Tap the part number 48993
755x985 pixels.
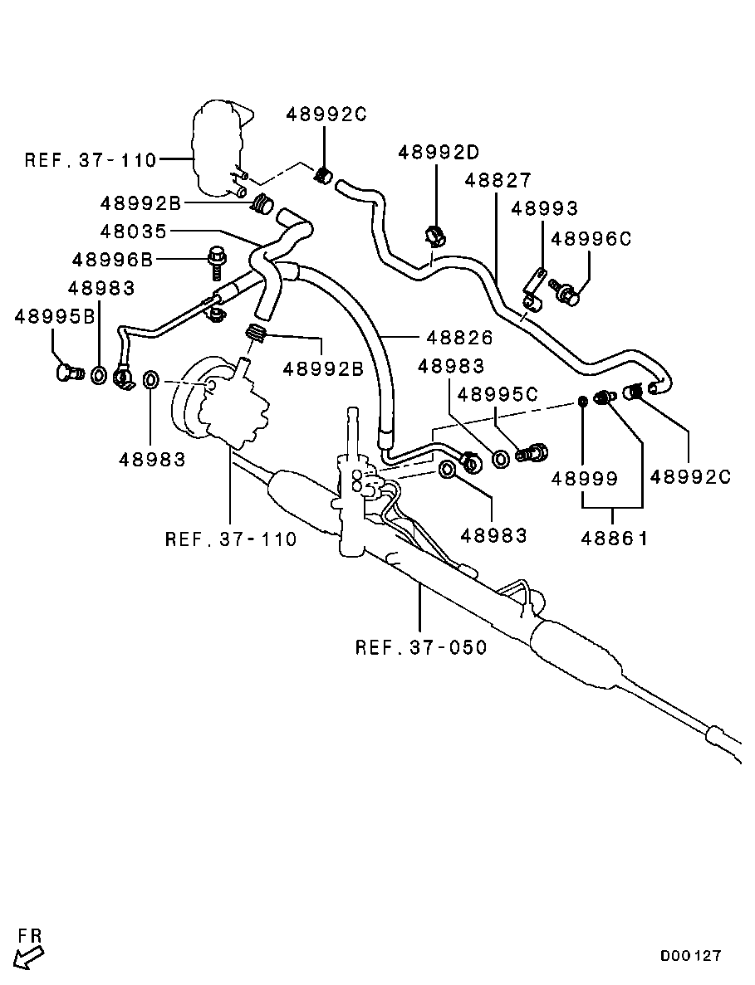pos(544,209)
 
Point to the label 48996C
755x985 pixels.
pos(591,239)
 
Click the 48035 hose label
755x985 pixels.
pos(134,232)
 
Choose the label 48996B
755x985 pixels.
pos(113,260)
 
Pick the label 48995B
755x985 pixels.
pos(55,316)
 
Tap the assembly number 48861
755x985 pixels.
pos(614,539)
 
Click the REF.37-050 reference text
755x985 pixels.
pos(421,646)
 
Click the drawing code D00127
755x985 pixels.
pos(691,956)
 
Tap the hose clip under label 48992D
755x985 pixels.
pos(434,236)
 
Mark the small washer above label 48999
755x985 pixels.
pos(584,402)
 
